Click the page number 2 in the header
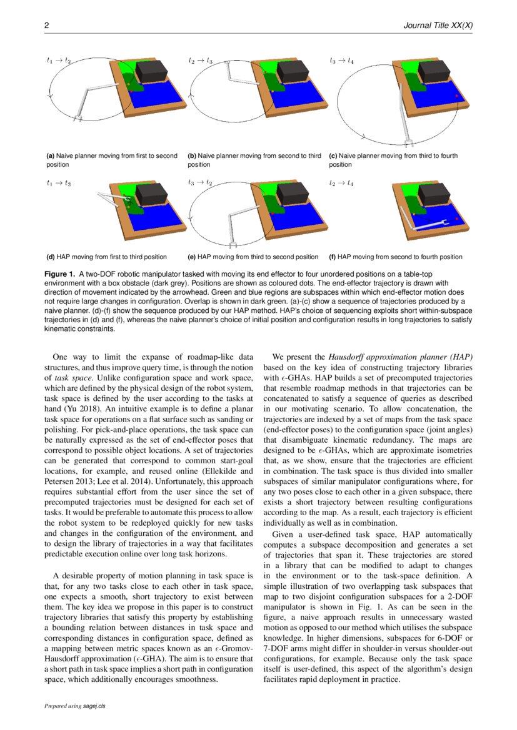(x=46, y=26)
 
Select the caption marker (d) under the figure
(x=51, y=257)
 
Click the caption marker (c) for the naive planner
(x=333, y=155)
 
